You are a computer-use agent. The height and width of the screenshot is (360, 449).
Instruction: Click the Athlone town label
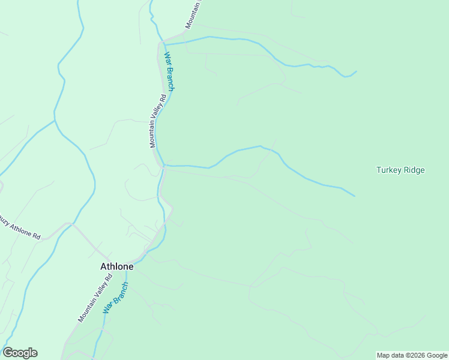(116, 266)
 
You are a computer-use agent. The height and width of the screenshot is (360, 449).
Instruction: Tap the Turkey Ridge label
(400, 170)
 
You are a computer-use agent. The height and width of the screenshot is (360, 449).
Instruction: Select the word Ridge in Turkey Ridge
(414, 170)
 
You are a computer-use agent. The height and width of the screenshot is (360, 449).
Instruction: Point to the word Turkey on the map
(388, 170)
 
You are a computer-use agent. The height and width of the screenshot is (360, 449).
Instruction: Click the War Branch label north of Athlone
(169, 72)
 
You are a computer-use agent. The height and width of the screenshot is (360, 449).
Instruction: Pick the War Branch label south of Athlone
(116, 298)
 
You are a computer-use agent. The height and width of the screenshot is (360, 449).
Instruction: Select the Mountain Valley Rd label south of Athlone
(95, 298)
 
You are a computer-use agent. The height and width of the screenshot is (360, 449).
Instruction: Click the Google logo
(20, 353)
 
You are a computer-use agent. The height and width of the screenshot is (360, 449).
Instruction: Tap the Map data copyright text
(412, 356)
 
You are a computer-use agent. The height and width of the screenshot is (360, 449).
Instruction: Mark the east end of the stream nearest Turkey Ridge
(355, 196)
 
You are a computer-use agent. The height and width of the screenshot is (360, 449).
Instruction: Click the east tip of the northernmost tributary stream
(357, 71)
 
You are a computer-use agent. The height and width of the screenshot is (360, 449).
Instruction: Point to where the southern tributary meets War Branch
(164, 166)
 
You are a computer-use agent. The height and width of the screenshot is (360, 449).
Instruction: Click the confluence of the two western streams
(55, 121)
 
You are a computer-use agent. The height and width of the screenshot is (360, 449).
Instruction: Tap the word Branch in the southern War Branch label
(120, 292)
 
